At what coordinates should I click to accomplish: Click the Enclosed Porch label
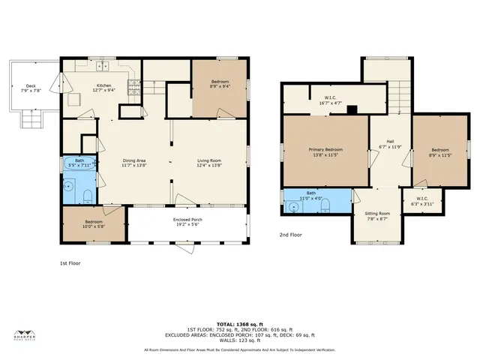[188, 221]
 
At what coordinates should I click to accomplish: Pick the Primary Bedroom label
[325, 152]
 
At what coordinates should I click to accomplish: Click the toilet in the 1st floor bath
[88, 196]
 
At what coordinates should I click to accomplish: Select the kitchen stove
[133, 88]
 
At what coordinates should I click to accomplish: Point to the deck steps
[32, 118]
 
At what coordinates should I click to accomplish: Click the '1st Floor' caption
[71, 264]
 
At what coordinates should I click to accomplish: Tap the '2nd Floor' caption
[292, 234]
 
